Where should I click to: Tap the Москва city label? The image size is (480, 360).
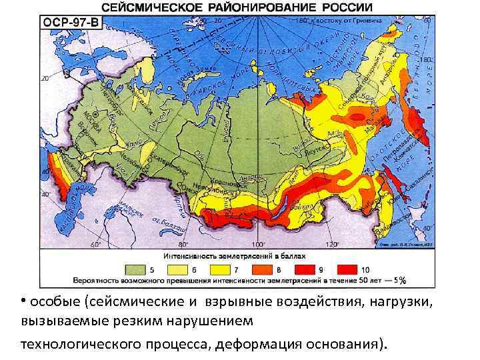click(87, 125)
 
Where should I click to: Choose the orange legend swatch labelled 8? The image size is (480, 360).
click(264, 269)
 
